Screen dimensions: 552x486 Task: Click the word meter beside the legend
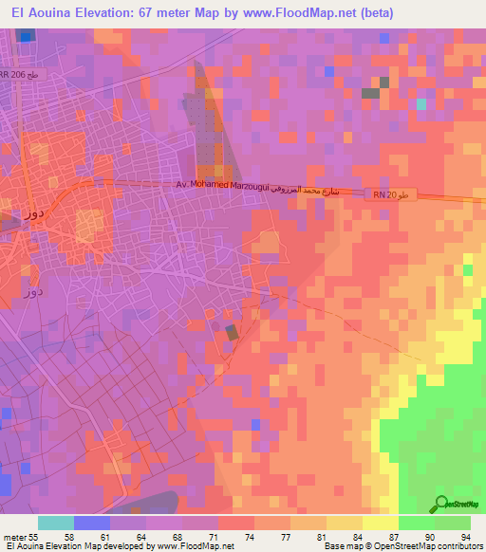click(x=14, y=536)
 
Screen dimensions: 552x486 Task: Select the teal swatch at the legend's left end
click(x=56, y=523)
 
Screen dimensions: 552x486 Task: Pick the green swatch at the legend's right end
click(x=453, y=523)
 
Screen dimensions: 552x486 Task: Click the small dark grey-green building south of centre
click(x=232, y=332)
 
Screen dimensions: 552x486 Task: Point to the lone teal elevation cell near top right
click(x=420, y=103)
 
